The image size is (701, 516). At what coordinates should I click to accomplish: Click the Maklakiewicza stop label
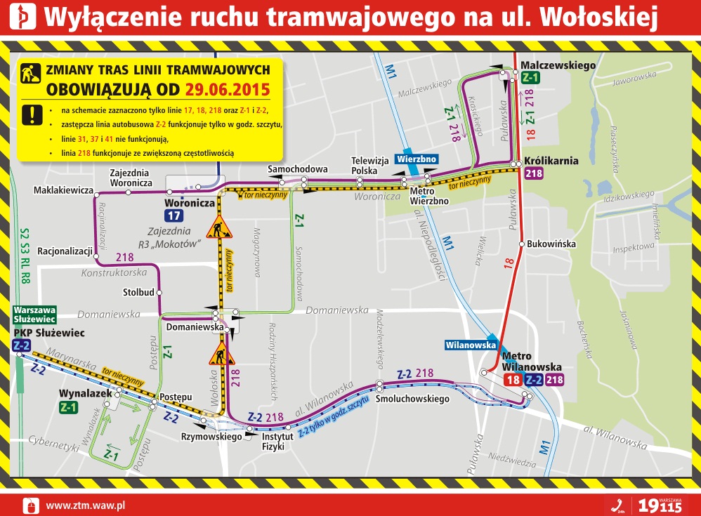pos(64,190)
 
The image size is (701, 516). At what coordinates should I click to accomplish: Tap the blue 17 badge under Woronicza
pos(174,216)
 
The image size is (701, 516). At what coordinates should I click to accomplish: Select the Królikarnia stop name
pos(551,161)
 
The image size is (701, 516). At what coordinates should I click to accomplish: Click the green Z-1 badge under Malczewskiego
pos(530,78)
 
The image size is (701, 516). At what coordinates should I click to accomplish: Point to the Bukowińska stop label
pos(551,244)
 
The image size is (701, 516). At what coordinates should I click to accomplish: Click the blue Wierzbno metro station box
pos(417,159)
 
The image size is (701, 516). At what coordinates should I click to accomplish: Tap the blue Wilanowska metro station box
pos(471,345)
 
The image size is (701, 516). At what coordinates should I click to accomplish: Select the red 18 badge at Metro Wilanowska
pos(512,380)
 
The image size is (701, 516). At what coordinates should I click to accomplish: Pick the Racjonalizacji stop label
pos(65,250)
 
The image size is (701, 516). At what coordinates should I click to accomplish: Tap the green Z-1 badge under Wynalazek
pos(69,406)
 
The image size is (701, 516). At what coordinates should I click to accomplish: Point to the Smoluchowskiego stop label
pos(412,399)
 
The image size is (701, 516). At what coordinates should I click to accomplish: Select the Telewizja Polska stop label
pos(369,166)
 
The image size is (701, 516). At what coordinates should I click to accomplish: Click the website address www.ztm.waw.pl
pos(85,505)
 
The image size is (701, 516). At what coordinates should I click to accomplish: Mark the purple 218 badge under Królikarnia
pos(533,174)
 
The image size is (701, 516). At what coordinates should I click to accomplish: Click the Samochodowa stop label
pos(298,169)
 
